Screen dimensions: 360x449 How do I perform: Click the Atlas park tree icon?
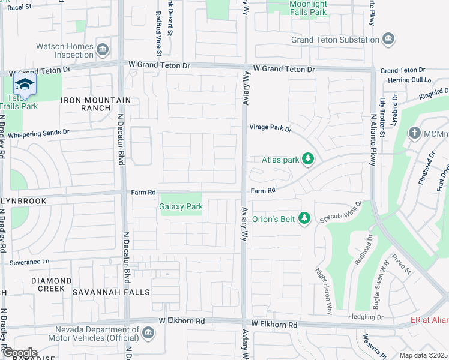(x=308, y=159)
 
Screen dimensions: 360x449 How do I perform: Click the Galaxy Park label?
(x=181, y=206)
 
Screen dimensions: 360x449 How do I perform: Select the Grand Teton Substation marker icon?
(x=389, y=40)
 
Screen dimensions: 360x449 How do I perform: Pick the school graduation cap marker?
(x=25, y=84)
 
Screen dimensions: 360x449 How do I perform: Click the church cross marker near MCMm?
(x=415, y=133)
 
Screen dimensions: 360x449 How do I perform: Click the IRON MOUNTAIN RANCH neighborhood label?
(x=96, y=104)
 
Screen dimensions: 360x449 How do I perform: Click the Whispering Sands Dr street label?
(x=39, y=132)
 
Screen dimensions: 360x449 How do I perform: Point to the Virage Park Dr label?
(x=270, y=128)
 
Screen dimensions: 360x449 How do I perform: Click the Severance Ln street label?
(x=29, y=262)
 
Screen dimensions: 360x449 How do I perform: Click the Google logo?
(x=19, y=353)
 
